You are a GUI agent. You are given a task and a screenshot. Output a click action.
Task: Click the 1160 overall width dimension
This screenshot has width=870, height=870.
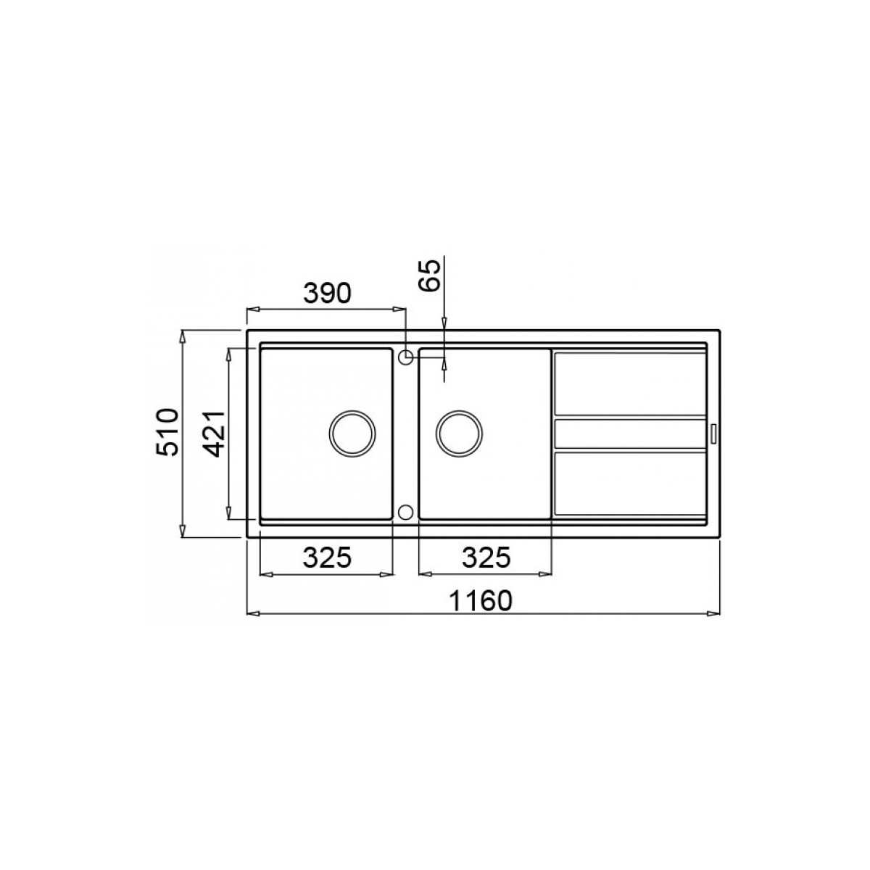(481, 600)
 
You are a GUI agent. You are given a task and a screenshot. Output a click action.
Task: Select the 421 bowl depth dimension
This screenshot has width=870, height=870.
(212, 434)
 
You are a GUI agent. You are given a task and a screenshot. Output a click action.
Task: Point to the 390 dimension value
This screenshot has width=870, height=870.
(326, 294)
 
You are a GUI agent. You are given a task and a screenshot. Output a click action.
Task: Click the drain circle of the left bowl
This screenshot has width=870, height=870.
(352, 434)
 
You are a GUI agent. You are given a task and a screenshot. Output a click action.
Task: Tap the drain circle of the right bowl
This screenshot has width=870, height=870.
(459, 434)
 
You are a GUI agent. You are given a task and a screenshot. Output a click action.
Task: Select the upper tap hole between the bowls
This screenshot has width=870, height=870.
(405, 357)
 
